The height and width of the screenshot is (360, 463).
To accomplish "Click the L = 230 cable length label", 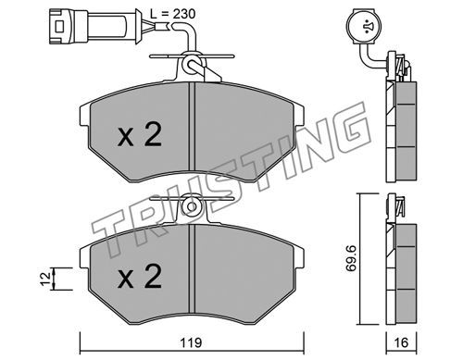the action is pyautogui.click(x=172, y=14).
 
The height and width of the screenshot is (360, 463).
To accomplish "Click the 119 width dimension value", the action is pyautogui.click(x=191, y=342).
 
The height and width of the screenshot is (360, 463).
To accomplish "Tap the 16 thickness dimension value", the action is pyautogui.click(x=401, y=342).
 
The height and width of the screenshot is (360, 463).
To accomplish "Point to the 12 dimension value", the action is pyautogui.click(x=45, y=279).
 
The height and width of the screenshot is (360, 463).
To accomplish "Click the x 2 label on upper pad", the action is pyautogui.click(x=140, y=134).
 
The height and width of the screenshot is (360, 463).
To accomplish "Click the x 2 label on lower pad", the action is pyautogui.click(x=140, y=277).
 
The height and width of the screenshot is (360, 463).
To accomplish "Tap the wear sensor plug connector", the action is pyautogui.click(x=93, y=26).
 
